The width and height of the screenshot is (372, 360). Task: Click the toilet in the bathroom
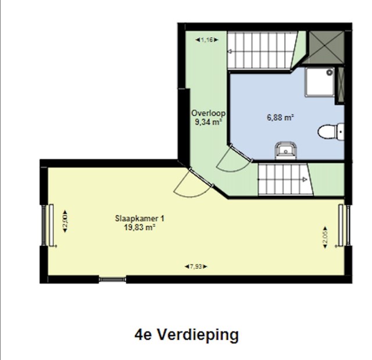[331, 131]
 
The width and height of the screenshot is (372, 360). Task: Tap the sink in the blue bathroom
[285, 151]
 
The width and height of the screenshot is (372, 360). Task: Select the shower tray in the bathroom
[320, 82]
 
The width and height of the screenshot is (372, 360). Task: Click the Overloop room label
[208, 113]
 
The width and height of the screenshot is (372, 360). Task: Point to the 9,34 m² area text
[209, 122]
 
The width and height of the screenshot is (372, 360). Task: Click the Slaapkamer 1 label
[139, 218]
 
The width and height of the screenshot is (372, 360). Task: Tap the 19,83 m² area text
[139, 227]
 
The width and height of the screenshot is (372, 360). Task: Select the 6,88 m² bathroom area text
[280, 117]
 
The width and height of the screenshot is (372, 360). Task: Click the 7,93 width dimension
[196, 266]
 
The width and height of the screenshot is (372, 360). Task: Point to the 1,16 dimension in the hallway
[207, 40]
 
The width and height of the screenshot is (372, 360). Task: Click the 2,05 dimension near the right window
[325, 237]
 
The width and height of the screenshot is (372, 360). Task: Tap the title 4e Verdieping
[187, 335]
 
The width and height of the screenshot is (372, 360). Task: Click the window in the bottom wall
[112, 280]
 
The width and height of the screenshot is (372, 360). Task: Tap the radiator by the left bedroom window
[51, 225]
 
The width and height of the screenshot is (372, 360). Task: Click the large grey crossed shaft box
[327, 48]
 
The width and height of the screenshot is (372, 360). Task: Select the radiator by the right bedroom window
[341, 226]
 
